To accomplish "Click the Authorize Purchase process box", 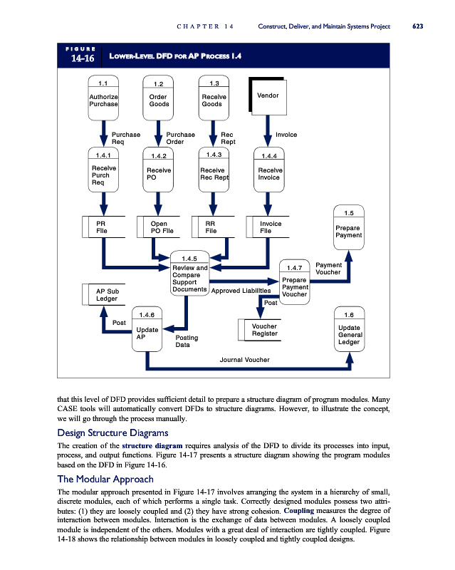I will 103,95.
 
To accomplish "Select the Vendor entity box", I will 267,96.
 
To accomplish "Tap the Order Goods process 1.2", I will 159,96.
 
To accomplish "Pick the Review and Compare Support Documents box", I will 190,274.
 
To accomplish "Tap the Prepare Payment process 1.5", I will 349,227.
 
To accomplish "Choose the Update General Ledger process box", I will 349,330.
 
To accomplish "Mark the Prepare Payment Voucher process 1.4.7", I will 294,283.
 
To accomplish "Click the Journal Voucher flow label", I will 245,360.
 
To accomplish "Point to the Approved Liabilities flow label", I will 241,291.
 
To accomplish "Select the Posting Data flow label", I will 187,341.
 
